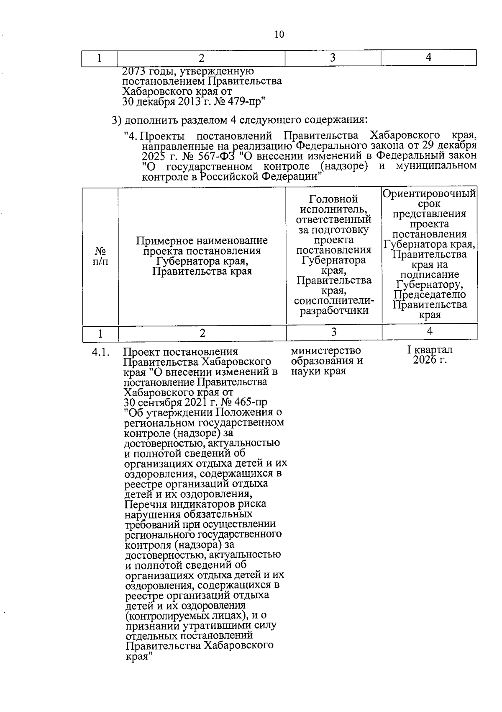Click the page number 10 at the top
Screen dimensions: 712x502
(x=279, y=35)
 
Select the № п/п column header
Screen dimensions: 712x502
(x=100, y=256)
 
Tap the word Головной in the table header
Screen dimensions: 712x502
(x=333, y=199)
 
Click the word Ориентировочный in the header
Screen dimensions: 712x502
(x=429, y=194)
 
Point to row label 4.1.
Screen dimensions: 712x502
(x=100, y=353)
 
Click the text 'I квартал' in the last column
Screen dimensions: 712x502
(x=430, y=350)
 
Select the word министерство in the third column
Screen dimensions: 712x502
(x=325, y=351)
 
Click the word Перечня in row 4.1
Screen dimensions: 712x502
(x=146, y=504)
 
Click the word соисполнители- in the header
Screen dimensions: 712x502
(x=334, y=301)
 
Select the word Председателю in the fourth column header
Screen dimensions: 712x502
(x=430, y=295)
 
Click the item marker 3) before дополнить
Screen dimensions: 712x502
(x=117, y=121)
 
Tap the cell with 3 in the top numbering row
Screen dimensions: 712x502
(x=333, y=58)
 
